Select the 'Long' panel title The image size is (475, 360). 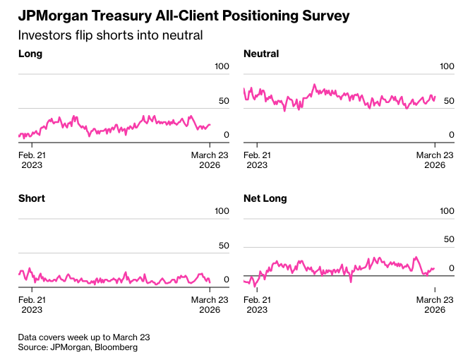click(x=30, y=54)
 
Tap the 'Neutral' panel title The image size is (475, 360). click(x=261, y=54)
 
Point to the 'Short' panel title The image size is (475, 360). click(x=32, y=198)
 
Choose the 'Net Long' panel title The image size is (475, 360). click(x=265, y=198)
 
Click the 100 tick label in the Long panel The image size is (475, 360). click(x=222, y=66)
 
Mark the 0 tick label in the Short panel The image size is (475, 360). click(x=227, y=280)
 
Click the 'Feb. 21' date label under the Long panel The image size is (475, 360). click(x=32, y=155)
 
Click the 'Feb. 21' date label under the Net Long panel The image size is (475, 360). click(x=257, y=299)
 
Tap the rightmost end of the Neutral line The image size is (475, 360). click(x=435, y=97)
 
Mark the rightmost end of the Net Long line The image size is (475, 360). click(x=434, y=268)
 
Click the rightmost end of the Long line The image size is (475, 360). click(x=210, y=125)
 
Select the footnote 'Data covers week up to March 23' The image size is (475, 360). click(x=84, y=337)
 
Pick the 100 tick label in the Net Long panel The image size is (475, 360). click(x=447, y=211)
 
